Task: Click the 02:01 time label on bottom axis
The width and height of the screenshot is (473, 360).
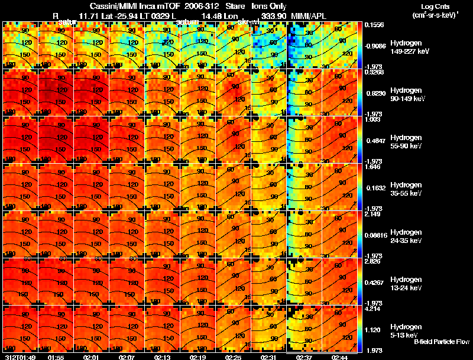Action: [x=92, y=357]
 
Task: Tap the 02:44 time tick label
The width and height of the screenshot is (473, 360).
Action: [x=340, y=357]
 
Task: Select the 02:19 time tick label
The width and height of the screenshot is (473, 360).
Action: [x=198, y=357]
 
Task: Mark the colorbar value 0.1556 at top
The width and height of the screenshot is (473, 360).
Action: [x=372, y=25]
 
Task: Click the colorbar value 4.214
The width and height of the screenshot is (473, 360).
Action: [x=372, y=309]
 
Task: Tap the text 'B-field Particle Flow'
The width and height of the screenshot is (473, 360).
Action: [x=441, y=342]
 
